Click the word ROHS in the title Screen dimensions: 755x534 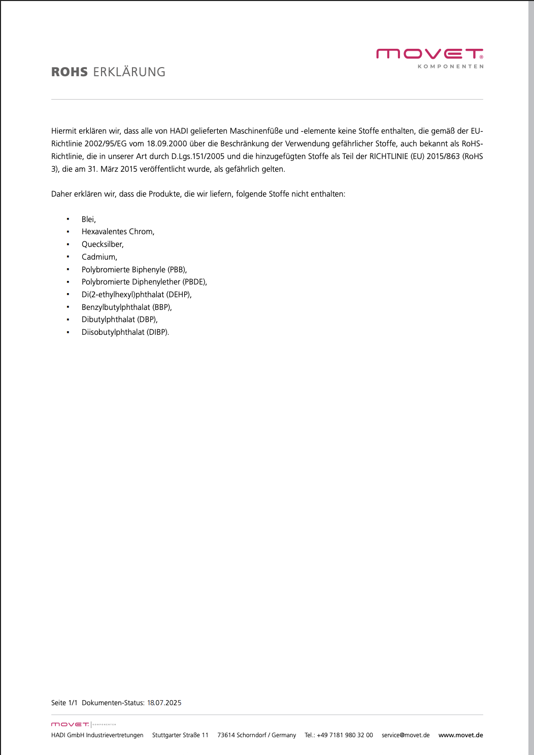click(x=70, y=72)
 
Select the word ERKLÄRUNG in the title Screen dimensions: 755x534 click(x=129, y=72)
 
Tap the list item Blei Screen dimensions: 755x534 click(x=88, y=219)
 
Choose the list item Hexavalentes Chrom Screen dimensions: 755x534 click(x=118, y=232)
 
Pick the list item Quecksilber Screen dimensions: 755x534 click(x=103, y=244)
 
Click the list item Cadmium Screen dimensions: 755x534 click(x=99, y=257)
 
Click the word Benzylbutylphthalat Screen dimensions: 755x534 click(x=116, y=307)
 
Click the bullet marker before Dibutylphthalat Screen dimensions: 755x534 click(x=68, y=320)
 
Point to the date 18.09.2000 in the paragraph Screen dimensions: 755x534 click(x=167, y=144)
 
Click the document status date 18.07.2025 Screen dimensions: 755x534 click(x=164, y=703)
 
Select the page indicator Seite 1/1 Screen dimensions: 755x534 click(x=64, y=703)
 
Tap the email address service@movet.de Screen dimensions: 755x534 click(x=406, y=735)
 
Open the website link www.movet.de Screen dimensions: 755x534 click(x=460, y=735)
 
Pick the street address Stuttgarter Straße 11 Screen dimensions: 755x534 click(x=180, y=735)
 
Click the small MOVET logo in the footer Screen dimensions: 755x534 click(x=70, y=725)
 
